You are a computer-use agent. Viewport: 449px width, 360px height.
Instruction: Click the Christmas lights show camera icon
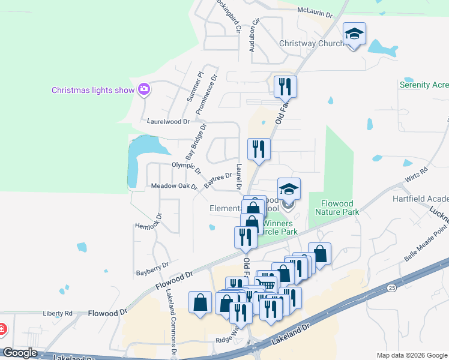click(x=143, y=90)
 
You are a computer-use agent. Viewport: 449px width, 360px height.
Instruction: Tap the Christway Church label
click(x=311, y=44)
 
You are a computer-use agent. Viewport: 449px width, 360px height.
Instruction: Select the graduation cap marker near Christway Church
click(x=354, y=34)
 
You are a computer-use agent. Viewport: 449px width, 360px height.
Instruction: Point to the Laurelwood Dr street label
click(x=169, y=121)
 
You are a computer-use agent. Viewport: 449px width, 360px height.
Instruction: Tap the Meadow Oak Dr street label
click(x=174, y=186)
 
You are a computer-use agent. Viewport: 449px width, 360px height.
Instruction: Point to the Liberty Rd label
click(x=58, y=313)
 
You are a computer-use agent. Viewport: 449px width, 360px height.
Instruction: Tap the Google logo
click(x=20, y=353)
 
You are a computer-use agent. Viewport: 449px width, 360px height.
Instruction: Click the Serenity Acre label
click(x=424, y=85)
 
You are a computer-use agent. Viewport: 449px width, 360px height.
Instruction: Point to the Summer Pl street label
click(x=195, y=86)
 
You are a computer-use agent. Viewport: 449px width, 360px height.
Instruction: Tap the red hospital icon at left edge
click(x=2, y=329)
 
